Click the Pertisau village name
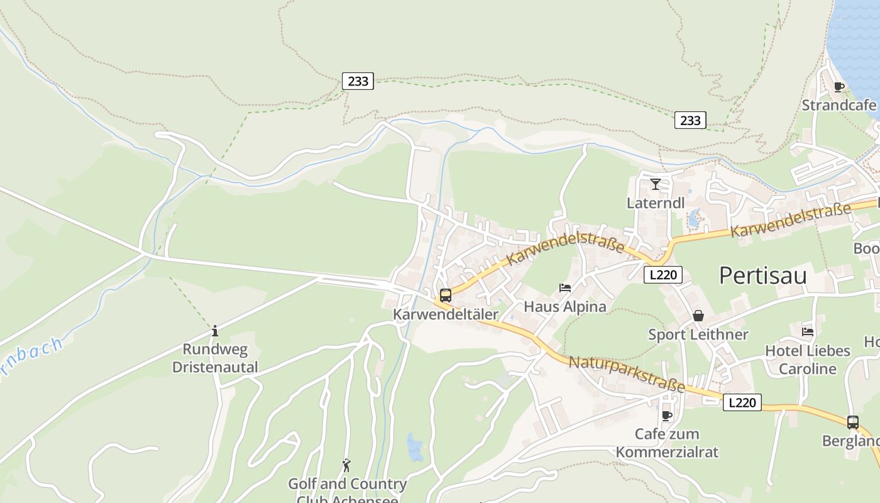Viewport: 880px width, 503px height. coord(762,275)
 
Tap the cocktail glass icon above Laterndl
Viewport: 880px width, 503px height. coord(656,184)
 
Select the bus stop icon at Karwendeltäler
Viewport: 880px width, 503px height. coord(445,295)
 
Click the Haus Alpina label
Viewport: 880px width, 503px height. coord(565,307)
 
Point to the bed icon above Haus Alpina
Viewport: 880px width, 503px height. coord(565,288)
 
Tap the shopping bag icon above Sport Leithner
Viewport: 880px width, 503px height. coord(698,316)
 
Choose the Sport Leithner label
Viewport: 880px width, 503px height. coord(698,334)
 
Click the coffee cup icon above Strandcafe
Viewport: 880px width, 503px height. coord(839,87)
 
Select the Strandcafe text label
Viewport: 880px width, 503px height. coord(839,105)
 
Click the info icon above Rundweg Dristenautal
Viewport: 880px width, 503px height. coord(215,331)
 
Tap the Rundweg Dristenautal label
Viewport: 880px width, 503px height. coord(215,358)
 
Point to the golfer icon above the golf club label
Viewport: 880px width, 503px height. coord(346,465)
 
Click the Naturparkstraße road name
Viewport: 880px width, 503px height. coord(626,373)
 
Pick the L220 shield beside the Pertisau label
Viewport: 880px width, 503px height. coord(663,274)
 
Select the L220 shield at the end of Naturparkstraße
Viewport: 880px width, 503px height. coord(742,402)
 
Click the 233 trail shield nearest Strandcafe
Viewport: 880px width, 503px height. coord(690,120)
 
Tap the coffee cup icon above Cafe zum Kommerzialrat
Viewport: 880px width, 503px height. coord(667,416)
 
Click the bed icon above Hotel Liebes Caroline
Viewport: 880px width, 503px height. coord(808,331)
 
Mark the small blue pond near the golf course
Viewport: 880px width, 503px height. coord(414,447)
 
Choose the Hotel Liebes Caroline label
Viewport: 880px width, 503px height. coord(808,360)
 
